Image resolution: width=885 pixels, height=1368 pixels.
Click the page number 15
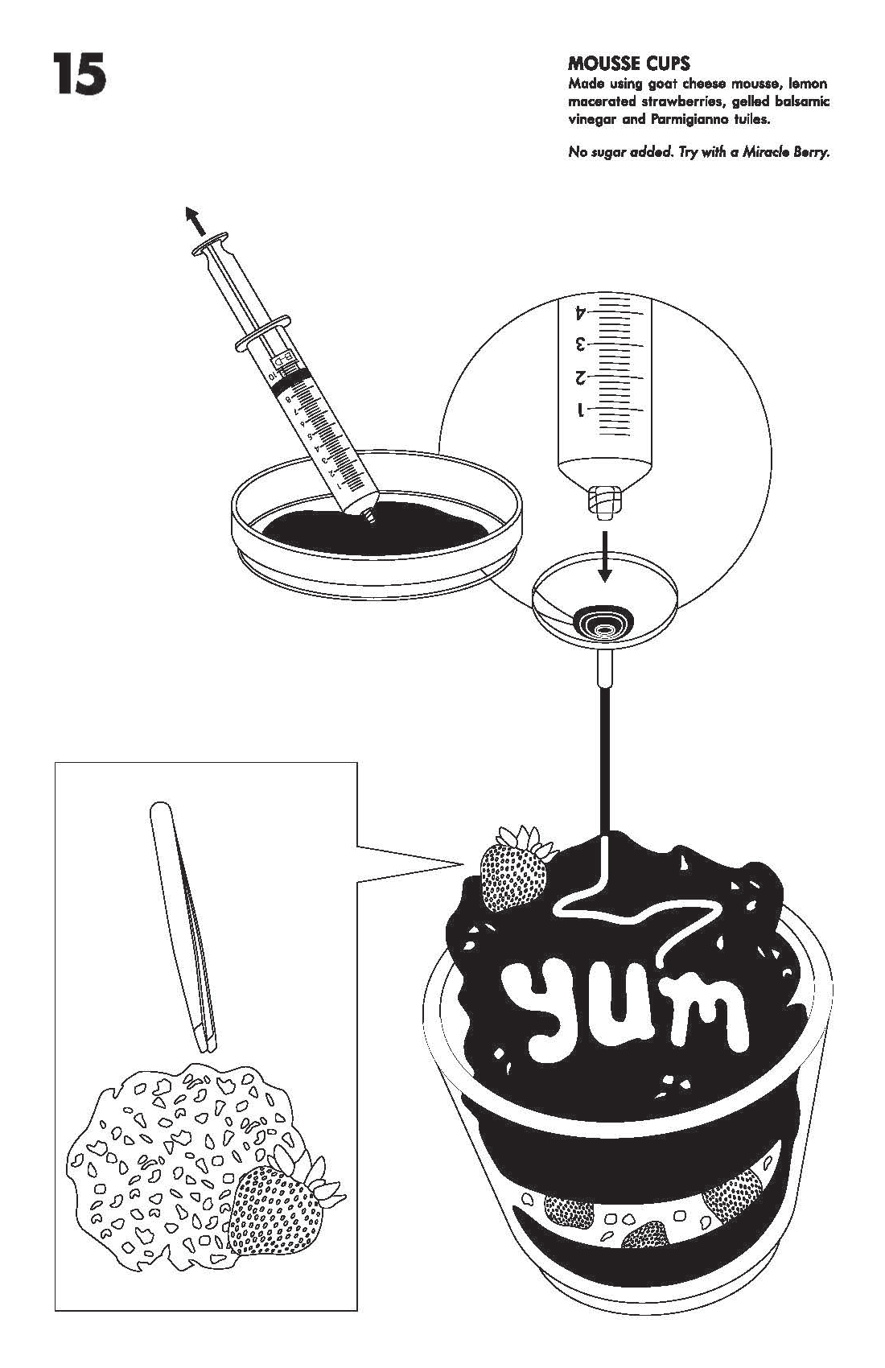click(x=80, y=74)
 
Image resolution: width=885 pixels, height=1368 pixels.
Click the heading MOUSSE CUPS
click(x=629, y=64)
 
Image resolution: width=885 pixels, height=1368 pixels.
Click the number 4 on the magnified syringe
click(x=581, y=313)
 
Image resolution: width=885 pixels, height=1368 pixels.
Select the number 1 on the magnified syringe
click(x=581, y=410)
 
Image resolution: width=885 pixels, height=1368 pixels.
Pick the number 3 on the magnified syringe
click(x=580, y=345)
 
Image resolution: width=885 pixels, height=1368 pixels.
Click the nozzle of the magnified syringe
click(x=605, y=501)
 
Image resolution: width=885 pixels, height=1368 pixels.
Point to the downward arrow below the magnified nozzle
click(x=605, y=556)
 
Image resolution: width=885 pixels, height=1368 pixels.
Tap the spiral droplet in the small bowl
click(x=603, y=623)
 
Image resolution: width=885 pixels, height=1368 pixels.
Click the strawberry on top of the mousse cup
click(x=515, y=868)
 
